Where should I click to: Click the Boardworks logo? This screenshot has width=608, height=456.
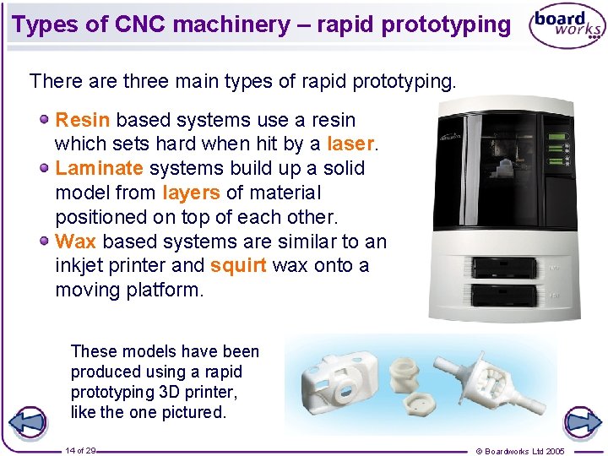pyautogui.click(x=567, y=27)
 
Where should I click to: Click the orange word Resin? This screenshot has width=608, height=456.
pyautogui.click(x=82, y=120)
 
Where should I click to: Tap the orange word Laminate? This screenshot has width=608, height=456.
pyautogui.click(x=99, y=169)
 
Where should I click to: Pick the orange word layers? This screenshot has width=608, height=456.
pyautogui.click(x=191, y=193)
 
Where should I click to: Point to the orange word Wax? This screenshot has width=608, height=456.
pyautogui.click(x=75, y=242)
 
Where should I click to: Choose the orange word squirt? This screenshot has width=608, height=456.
pyautogui.click(x=238, y=265)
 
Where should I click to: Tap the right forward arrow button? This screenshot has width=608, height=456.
pyautogui.click(x=582, y=422)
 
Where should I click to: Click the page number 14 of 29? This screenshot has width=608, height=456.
pyautogui.click(x=81, y=451)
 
